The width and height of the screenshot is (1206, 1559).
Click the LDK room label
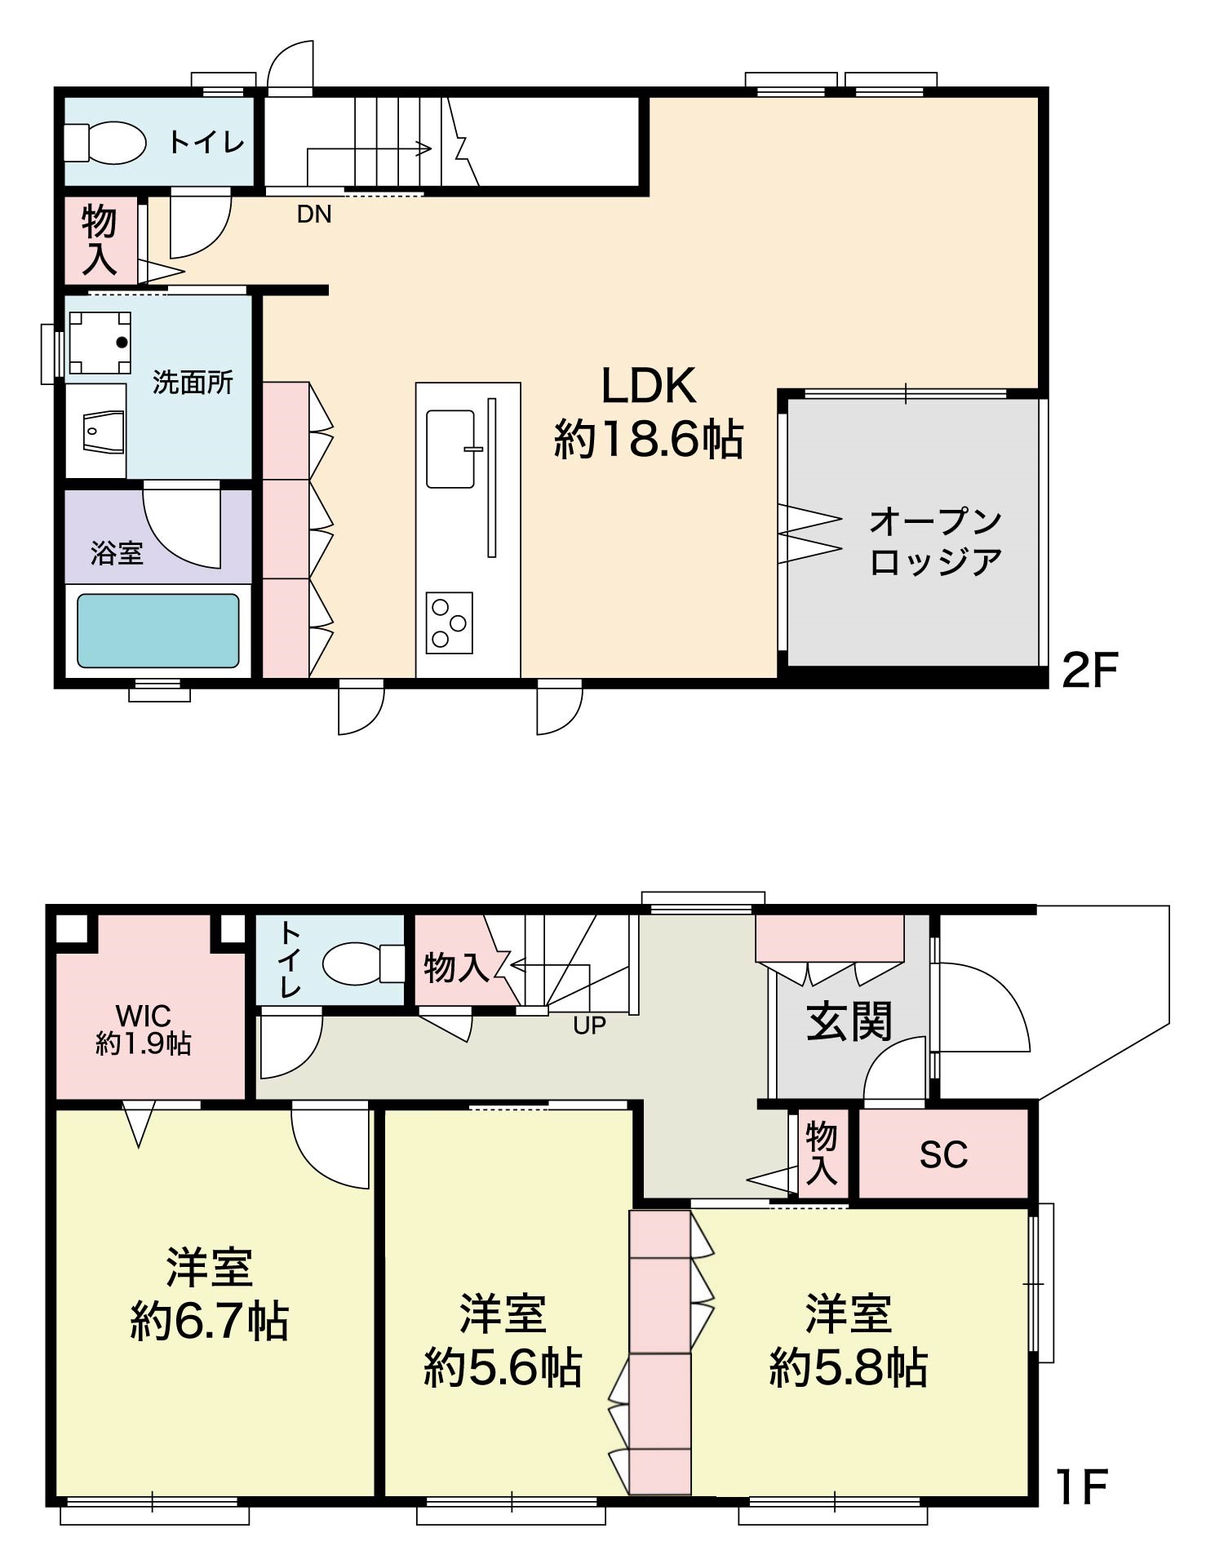point(649,412)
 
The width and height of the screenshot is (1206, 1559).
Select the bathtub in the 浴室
point(158,631)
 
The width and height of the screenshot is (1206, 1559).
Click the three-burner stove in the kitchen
point(449,622)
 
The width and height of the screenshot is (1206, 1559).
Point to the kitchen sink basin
point(450,449)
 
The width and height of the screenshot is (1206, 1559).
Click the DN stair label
point(314,215)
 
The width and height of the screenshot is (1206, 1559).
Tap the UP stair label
point(589,1025)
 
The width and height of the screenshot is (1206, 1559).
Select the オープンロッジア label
point(935,542)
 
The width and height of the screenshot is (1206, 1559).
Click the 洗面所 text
point(193,383)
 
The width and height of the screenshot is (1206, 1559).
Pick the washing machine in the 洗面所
point(100,343)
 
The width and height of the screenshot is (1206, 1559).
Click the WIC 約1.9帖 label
point(144,1030)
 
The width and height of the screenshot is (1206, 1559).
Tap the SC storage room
point(943,1154)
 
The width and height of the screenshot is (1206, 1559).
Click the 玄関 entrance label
point(849,1021)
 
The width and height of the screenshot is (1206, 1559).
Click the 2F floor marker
point(1089,671)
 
